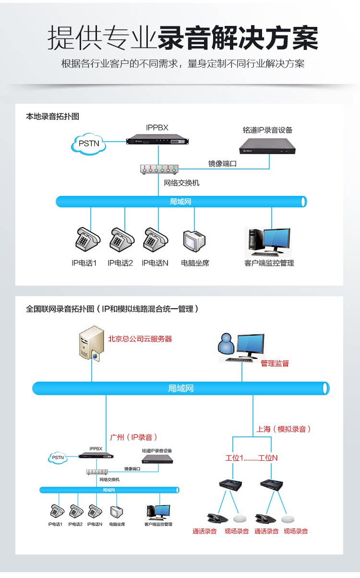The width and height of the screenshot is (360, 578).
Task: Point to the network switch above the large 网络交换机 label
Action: click(x=158, y=169)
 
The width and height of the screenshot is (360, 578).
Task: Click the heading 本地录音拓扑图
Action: click(x=52, y=117)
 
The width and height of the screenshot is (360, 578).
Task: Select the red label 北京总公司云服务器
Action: click(x=140, y=339)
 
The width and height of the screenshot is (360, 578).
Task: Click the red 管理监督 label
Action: click(x=275, y=363)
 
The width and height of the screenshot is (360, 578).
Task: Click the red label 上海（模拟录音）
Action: click(x=283, y=429)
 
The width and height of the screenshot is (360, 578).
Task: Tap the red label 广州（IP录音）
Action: click(x=134, y=437)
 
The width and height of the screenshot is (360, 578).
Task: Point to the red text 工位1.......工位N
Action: click(x=252, y=458)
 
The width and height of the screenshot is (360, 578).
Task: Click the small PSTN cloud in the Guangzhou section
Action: click(x=58, y=458)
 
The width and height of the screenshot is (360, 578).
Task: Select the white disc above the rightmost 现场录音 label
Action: click(x=288, y=519)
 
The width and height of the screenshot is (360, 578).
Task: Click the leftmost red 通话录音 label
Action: click(x=204, y=531)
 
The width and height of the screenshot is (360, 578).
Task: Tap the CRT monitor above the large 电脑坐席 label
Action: click(x=194, y=240)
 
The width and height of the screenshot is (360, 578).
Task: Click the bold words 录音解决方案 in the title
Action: click(x=238, y=37)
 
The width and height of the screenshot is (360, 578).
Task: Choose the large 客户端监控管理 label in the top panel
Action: click(x=269, y=263)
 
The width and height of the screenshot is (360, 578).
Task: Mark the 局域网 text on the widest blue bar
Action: click(x=180, y=388)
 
